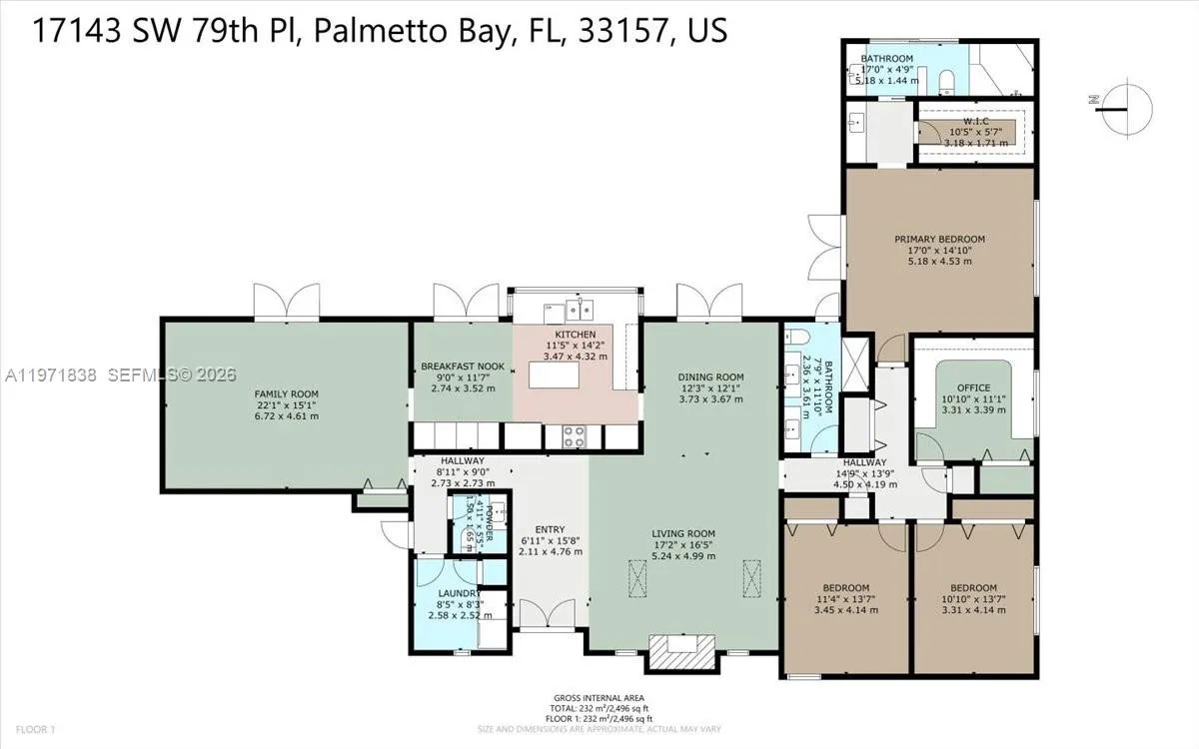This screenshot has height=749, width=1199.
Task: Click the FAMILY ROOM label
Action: pos(286,393)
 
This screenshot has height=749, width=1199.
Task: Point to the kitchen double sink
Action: pos(578,307)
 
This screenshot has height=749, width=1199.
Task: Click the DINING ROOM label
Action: pos(710,376)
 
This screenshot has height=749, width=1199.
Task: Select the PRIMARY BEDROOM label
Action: pos(939,239)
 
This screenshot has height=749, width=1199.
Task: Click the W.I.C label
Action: pos(969,121)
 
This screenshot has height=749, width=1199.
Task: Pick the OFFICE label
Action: pos(973,387)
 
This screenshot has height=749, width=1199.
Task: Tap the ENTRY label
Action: pos(550,529)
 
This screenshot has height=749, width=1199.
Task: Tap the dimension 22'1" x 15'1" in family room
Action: pos(286,404)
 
